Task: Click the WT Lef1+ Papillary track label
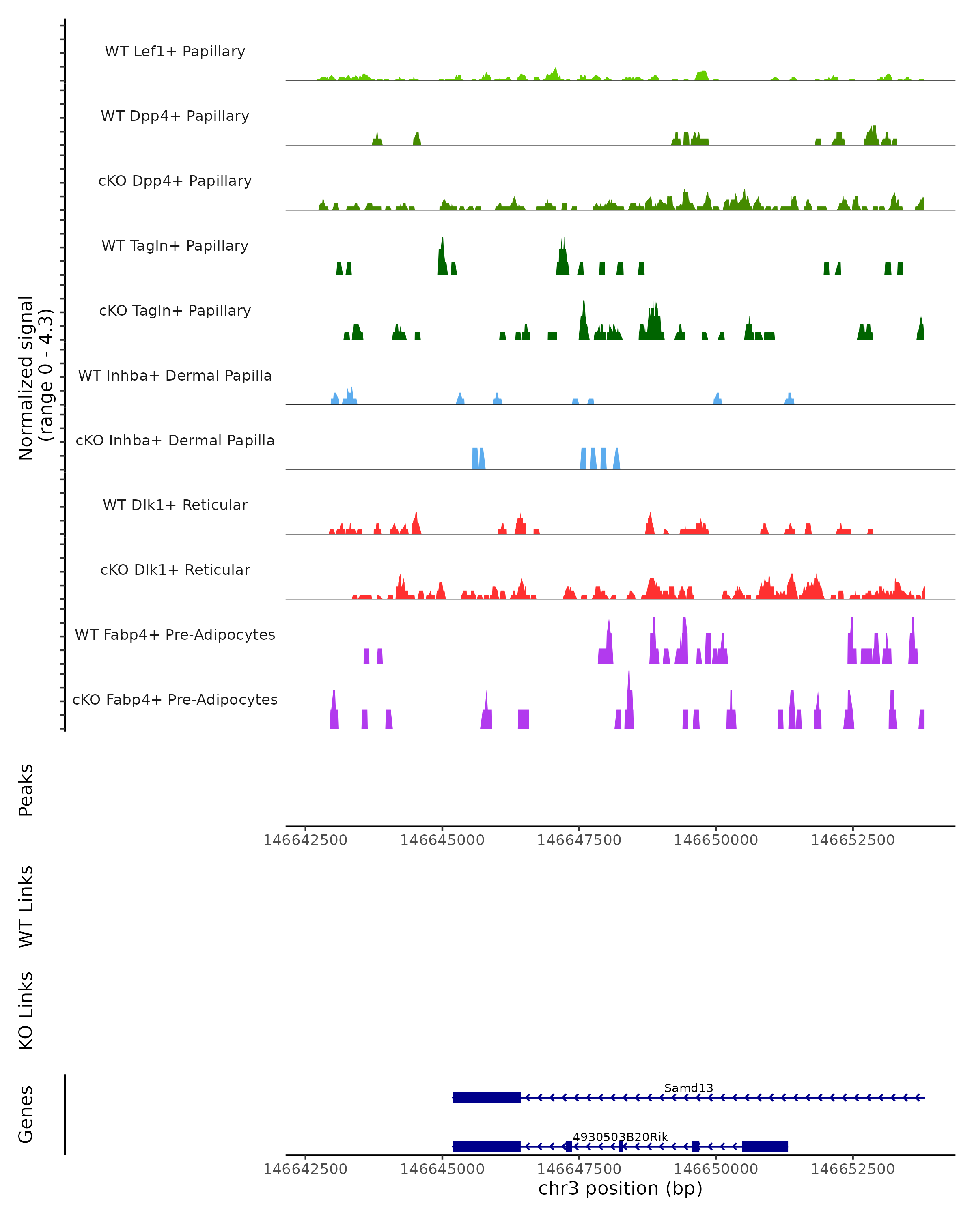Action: pos(175,52)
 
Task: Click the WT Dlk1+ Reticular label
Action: pos(175,505)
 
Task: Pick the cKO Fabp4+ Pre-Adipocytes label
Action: pos(175,699)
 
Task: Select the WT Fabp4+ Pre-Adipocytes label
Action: pos(175,634)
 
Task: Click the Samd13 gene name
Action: pos(688,1088)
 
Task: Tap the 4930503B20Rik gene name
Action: pos(620,1137)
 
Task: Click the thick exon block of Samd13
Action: pos(486,1097)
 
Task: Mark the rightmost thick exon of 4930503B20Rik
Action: pos(765,1146)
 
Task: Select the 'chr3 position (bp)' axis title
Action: pos(620,1188)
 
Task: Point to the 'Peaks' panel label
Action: pos(26,790)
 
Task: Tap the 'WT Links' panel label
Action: pos(26,906)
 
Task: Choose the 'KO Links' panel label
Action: pos(26,1011)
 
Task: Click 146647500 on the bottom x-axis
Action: pos(579,1168)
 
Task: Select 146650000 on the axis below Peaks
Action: pos(715,840)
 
